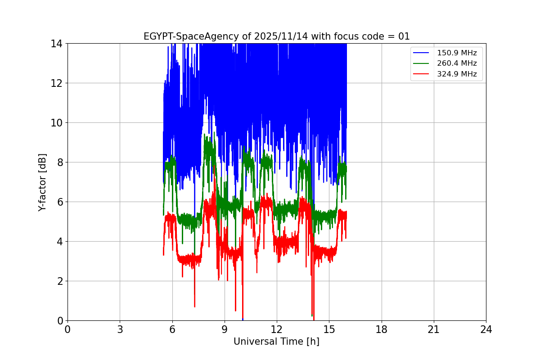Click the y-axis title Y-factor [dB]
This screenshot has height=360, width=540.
42,182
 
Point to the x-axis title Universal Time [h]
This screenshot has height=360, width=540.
276,342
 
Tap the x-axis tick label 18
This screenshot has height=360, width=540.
382,329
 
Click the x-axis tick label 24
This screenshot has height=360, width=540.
486,329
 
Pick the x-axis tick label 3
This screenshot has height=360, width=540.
120,329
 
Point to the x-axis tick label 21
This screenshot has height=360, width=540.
434,329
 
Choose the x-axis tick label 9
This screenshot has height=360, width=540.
225,329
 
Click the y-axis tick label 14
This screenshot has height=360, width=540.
56,44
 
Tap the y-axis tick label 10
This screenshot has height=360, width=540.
56,123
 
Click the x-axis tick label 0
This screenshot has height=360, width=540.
67,329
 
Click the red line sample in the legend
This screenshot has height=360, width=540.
421,74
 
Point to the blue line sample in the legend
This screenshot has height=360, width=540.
421,53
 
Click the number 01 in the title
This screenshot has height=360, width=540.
404,36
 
